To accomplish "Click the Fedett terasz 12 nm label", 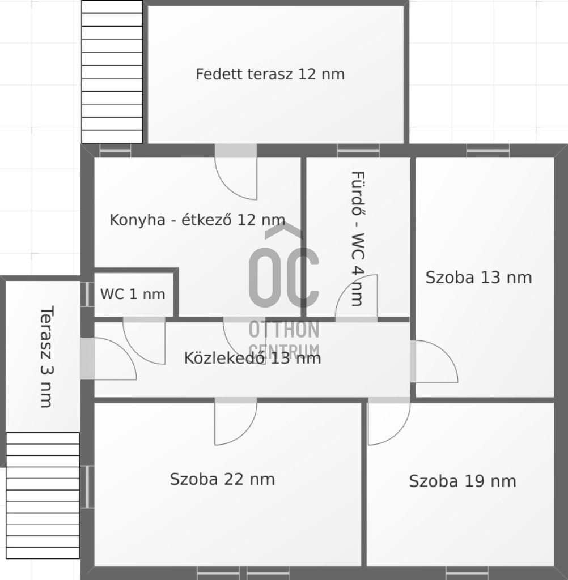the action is click(x=270, y=74).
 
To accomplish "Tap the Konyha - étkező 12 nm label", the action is click(x=197, y=220).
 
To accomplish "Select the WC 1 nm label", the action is click(x=133, y=294).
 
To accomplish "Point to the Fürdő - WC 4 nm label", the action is click(x=358, y=238).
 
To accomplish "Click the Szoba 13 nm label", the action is click(x=478, y=278).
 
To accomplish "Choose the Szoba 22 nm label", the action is click(x=222, y=479).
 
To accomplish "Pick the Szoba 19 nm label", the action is click(x=463, y=481).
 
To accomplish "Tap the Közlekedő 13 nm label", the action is click(x=252, y=358).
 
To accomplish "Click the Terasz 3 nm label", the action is click(x=46, y=357).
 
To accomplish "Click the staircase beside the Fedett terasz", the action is click(x=112, y=72).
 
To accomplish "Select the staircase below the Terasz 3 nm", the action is click(x=43, y=495).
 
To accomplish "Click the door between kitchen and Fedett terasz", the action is click(x=236, y=172).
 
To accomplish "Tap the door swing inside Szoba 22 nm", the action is click(x=235, y=421).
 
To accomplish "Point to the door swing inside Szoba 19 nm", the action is click(x=389, y=421).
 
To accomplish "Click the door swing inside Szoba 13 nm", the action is click(x=434, y=361).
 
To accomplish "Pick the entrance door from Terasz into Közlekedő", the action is click(x=108, y=359).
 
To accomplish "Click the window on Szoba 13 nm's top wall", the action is click(x=488, y=151).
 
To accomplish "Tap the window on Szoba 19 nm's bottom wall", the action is click(x=467, y=573).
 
